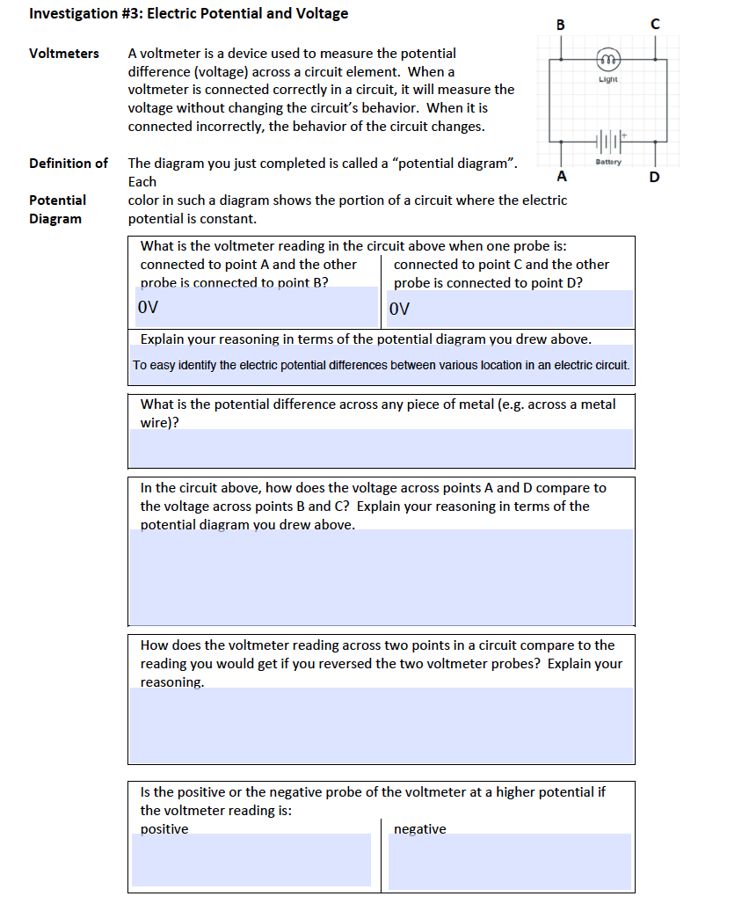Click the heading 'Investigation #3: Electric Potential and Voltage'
coord(188,14)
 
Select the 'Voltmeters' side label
coord(64,54)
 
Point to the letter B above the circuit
coord(561,25)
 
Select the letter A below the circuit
coord(561,175)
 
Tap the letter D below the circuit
coord(654,179)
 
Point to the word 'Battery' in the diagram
coord(608,162)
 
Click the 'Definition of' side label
coord(69,164)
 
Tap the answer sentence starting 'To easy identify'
coord(382,365)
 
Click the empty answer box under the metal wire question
coord(382,448)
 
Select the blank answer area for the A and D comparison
coord(382,577)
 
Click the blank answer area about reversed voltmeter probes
coord(382,725)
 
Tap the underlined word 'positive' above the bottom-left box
coord(164,829)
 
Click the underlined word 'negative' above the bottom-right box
coord(420,829)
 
